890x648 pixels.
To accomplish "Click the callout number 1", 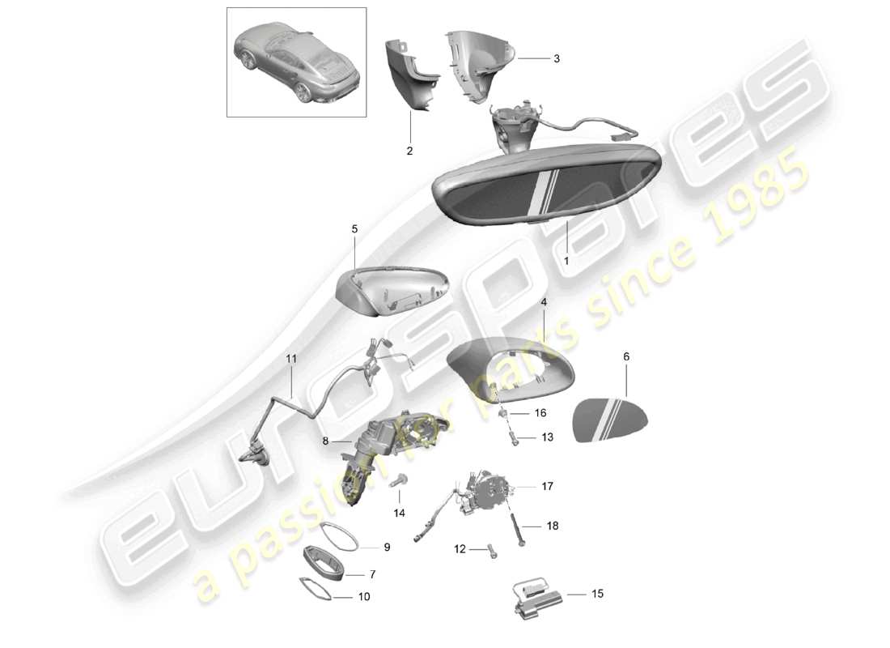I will (566, 262).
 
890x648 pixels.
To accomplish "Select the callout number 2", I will (409, 151).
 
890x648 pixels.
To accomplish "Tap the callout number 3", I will (556, 59).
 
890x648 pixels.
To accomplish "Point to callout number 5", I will (354, 229).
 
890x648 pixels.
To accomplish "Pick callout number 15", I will (598, 594).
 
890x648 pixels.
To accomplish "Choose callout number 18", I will (553, 526).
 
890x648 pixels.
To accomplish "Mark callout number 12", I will (460, 549).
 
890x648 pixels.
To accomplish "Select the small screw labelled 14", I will (398, 482).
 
